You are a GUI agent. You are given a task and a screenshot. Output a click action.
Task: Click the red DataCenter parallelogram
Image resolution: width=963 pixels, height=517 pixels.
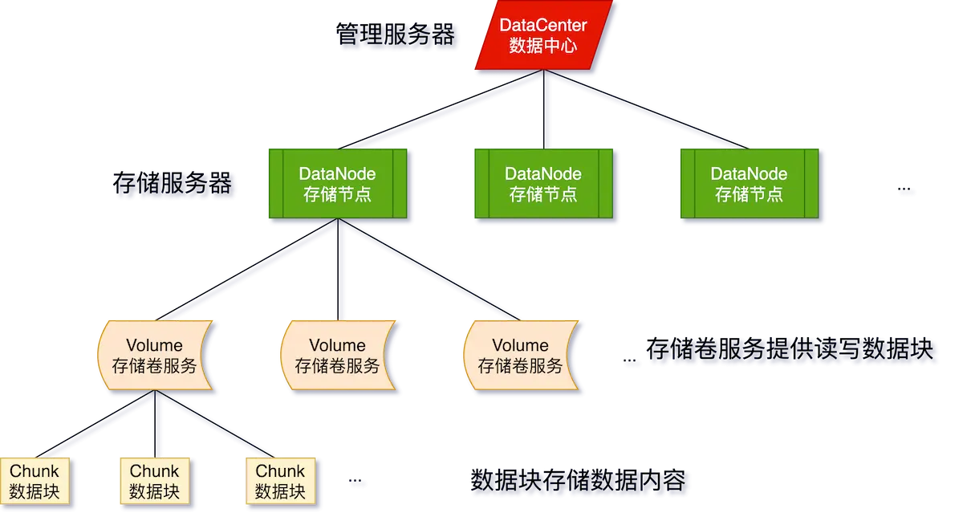(x=543, y=35)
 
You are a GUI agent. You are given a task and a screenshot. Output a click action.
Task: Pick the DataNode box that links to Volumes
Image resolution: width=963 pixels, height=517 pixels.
(x=337, y=184)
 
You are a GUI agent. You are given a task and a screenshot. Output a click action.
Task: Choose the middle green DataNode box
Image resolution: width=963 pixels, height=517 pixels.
(x=543, y=184)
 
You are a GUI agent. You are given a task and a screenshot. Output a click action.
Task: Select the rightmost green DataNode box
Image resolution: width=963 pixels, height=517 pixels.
(x=750, y=184)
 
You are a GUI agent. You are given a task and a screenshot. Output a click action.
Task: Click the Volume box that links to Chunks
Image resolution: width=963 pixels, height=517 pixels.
(x=155, y=356)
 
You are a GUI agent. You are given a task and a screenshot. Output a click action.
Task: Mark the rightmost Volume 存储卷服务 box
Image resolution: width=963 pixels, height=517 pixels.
(x=520, y=356)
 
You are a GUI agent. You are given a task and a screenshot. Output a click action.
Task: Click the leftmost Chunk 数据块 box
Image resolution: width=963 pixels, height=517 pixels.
(x=35, y=481)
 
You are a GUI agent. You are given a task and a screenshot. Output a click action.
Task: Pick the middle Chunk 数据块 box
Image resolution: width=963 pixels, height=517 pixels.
(x=155, y=481)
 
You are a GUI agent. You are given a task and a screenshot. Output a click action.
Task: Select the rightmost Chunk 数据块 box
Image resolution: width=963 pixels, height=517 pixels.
(x=280, y=481)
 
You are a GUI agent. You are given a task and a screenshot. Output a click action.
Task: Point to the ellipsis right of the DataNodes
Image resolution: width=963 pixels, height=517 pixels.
(x=905, y=191)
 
